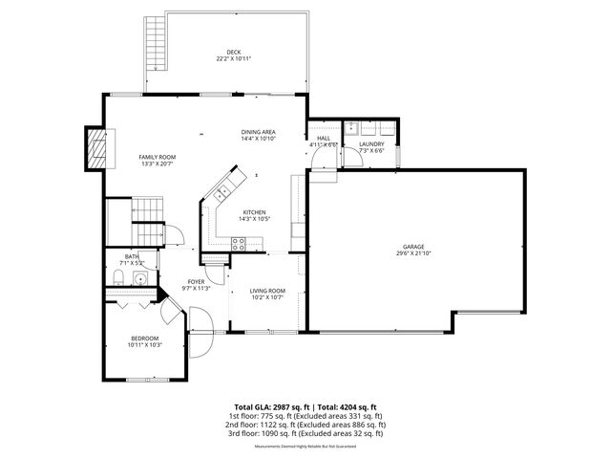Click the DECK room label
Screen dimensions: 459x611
click(x=233, y=52)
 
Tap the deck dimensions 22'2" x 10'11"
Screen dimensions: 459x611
click(x=233, y=59)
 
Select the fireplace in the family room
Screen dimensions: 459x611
click(x=95, y=149)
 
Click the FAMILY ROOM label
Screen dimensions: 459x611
click(x=157, y=157)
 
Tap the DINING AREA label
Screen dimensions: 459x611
click(x=258, y=132)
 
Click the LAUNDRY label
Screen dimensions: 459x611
click(x=370, y=143)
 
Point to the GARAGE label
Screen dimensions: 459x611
click(x=412, y=246)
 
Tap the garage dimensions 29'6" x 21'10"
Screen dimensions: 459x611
click(x=412, y=253)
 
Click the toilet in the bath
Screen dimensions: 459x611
click(x=116, y=279)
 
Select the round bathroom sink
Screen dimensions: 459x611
click(x=139, y=280)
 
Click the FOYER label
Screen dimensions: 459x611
click(x=196, y=281)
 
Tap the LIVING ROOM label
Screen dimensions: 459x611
click(x=267, y=291)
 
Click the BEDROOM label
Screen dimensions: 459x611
click(x=145, y=338)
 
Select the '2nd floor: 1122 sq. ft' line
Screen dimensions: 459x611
click(x=305, y=425)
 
